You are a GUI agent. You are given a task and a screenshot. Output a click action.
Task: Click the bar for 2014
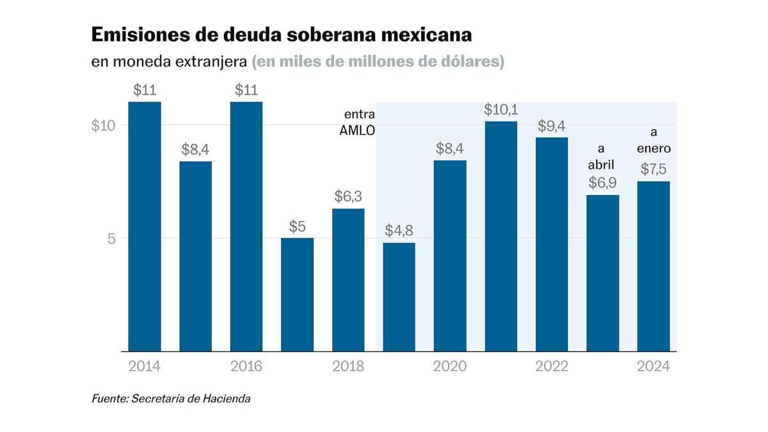coord(144,227)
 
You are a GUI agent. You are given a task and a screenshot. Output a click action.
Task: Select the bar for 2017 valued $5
coord(297,294)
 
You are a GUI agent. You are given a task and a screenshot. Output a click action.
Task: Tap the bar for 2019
coord(399,297)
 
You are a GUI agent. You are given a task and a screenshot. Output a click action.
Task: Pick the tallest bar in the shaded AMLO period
coord(500,236)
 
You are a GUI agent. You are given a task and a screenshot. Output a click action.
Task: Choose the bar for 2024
coord(653,266)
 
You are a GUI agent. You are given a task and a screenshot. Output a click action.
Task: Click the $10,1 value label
coord(500,110)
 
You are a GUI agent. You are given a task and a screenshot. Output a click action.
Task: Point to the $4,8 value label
coord(399,231)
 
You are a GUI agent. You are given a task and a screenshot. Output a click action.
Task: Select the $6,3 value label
coord(348,196)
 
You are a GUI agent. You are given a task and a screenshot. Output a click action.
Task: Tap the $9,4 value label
coord(552,125)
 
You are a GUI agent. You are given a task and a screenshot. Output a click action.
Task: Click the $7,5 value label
coord(653,169)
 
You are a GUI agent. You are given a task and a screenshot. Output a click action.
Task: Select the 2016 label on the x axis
coord(246,366)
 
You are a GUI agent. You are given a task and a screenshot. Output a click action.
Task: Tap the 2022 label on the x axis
coord(552,366)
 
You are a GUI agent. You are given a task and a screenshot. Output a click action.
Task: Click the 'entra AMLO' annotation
coord(359,122)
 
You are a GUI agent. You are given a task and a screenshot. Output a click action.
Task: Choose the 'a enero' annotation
coord(653,141)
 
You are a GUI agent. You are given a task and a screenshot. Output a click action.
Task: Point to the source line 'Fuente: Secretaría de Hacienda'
coord(171,399)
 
